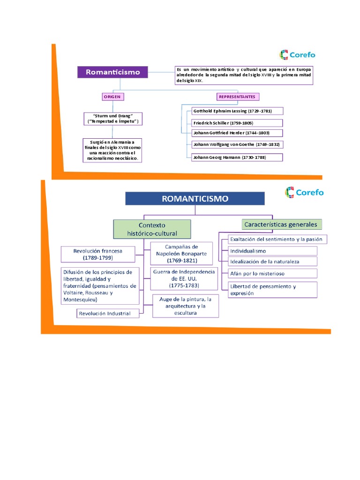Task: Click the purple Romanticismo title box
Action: (112, 72)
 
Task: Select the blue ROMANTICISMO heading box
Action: (195, 198)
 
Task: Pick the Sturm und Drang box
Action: (113, 118)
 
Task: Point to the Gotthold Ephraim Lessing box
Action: (237, 111)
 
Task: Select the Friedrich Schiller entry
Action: (237, 123)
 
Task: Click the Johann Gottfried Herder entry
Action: (237, 133)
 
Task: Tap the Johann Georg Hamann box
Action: (237, 157)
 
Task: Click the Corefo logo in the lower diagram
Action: (304, 192)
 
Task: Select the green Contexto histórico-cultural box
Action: (152, 229)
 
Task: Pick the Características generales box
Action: (280, 225)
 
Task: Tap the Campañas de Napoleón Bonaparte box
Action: (181, 253)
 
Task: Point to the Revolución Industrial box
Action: (108, 313)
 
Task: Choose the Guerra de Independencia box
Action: (183, 278)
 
